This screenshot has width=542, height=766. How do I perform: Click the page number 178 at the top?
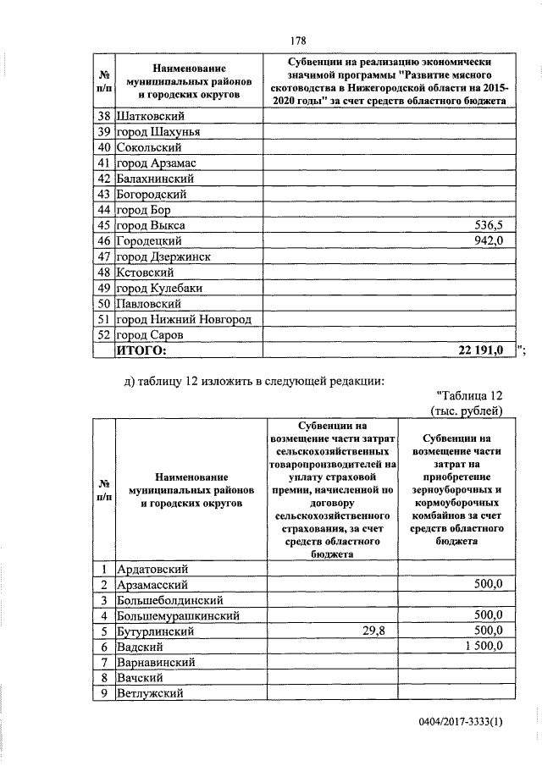(x=296, y=39)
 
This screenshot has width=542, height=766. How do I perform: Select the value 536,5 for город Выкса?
(x=489, y=226)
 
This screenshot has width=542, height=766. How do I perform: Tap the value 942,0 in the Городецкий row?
(x=489, y=241)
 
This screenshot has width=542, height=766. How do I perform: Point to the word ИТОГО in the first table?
(x=141, y=349)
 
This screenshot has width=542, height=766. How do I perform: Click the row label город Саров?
(x=148, y=333)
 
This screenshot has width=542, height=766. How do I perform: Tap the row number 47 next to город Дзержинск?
(x=104, y=256)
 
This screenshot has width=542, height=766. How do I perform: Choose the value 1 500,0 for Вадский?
(x=481, y=647)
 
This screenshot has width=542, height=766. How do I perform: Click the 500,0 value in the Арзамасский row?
(x=489, y=585)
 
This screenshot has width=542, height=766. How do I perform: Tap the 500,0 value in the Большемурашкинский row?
(x=489, y=615)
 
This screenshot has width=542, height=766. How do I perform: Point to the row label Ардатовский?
(x=152, y=570)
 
